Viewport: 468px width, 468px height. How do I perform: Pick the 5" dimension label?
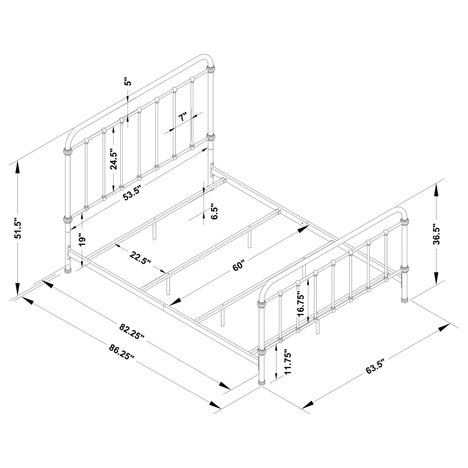[x=128, y=82]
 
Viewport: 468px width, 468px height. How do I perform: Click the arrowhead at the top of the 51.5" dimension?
[x=17, y=167]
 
